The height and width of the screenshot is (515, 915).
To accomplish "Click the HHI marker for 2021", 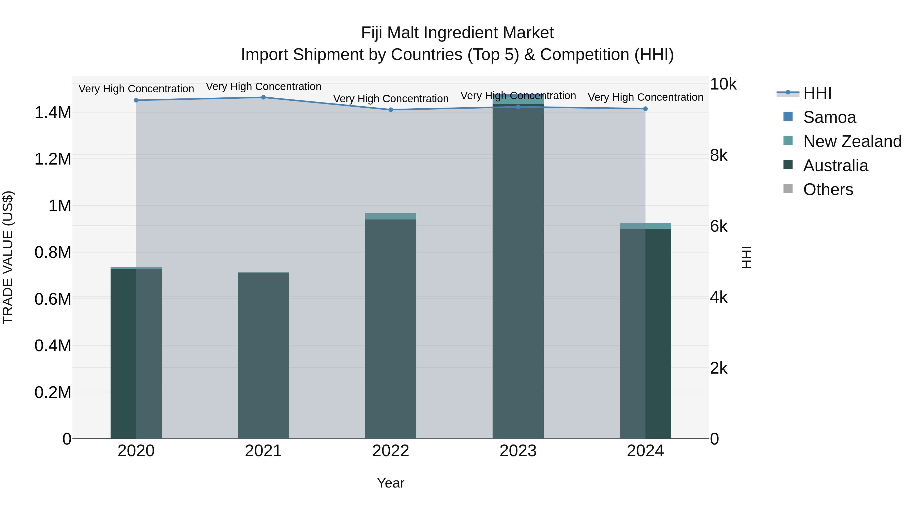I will (x=263, y=97).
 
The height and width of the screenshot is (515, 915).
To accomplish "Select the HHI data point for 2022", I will (x=391, y=110).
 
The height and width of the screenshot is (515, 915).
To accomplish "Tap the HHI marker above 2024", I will (x=645, y=109).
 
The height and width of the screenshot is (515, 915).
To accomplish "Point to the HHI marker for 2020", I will (x=136, y=100).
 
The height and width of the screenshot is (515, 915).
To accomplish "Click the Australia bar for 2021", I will (x=263, y=356).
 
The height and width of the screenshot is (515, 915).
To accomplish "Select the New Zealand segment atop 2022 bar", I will (x=391, y=216).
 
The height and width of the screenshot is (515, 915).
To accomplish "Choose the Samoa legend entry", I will (x=829, y=117).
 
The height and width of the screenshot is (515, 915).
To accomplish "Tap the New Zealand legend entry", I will (x=852, y=141).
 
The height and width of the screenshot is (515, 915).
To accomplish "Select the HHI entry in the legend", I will (x=817, y=93).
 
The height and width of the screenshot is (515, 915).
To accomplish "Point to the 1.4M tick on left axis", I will (x=53, y=113).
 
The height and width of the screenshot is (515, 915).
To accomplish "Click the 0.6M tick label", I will (x=53, y=299).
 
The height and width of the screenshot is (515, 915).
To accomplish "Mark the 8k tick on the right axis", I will (x=719, y=155).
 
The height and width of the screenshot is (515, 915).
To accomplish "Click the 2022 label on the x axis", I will (x=391, y=451).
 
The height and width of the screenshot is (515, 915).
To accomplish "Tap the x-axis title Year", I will (x=391, y=483).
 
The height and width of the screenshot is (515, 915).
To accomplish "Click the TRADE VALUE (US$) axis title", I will (x=8, y=257).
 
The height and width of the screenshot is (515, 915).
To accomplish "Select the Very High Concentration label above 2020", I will (x=136, y=89).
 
